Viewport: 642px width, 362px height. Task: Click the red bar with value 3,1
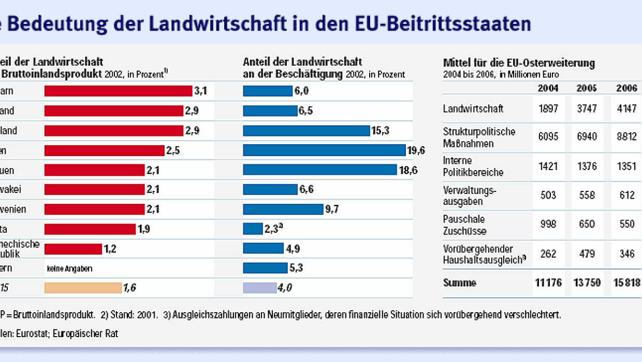pyautogui.click(x=118, y=91)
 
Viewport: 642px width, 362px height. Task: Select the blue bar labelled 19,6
pyautogui.click(x=324, y=150)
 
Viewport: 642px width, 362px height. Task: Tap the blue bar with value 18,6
pyautogui.click(x=320, y=170)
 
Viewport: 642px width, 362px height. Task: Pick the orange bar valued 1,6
pyautogui.click(x=83, y=288)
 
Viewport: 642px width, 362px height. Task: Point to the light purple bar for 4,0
pyautogui.click(x=260, y=288)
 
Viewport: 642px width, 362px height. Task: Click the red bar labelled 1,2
pyautogui.click(x=73, y=249)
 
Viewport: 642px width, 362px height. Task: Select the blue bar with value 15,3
pyautogui.click(x=305, y=131)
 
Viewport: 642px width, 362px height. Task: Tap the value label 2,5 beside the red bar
pyautogui.click(x=172, y=150)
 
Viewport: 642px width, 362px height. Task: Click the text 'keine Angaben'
pyautogui.click(x=72, y=269)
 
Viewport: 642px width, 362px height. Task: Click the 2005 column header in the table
pyautogui.click(x=587, y=88)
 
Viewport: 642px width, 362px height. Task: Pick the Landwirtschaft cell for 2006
pyautogui.click(x=626, y=109)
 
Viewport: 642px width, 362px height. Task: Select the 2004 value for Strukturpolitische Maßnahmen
pyautogui.click(x=548, y=137)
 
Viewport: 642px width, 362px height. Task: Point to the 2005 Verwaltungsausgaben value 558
pyautogui.click(x=587, y=196)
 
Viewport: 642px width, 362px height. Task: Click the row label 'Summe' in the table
pyautogui.click(x=460, y=283)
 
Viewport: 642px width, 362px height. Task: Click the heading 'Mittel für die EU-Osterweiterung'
pyautogui.click(x=519, y=63)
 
